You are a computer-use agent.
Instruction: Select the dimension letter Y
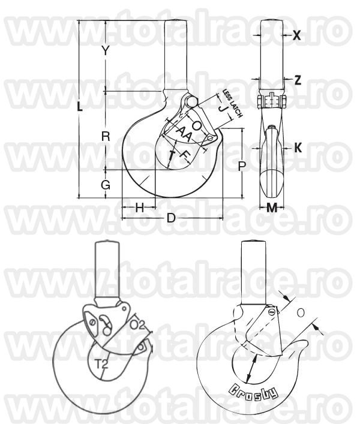click(x=105, y=51)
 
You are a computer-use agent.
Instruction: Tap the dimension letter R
click(x=105, y=136)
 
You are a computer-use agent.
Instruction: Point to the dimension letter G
click(x=105, y=185)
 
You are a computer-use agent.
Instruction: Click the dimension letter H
click(x=139, y=208)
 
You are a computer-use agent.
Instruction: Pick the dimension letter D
click(x=171, y=218)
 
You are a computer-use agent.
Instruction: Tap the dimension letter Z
click(x=297, y=79)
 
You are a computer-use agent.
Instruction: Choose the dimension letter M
click(x=272, y=208)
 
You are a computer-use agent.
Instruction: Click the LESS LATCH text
click(x=232, y=103)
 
